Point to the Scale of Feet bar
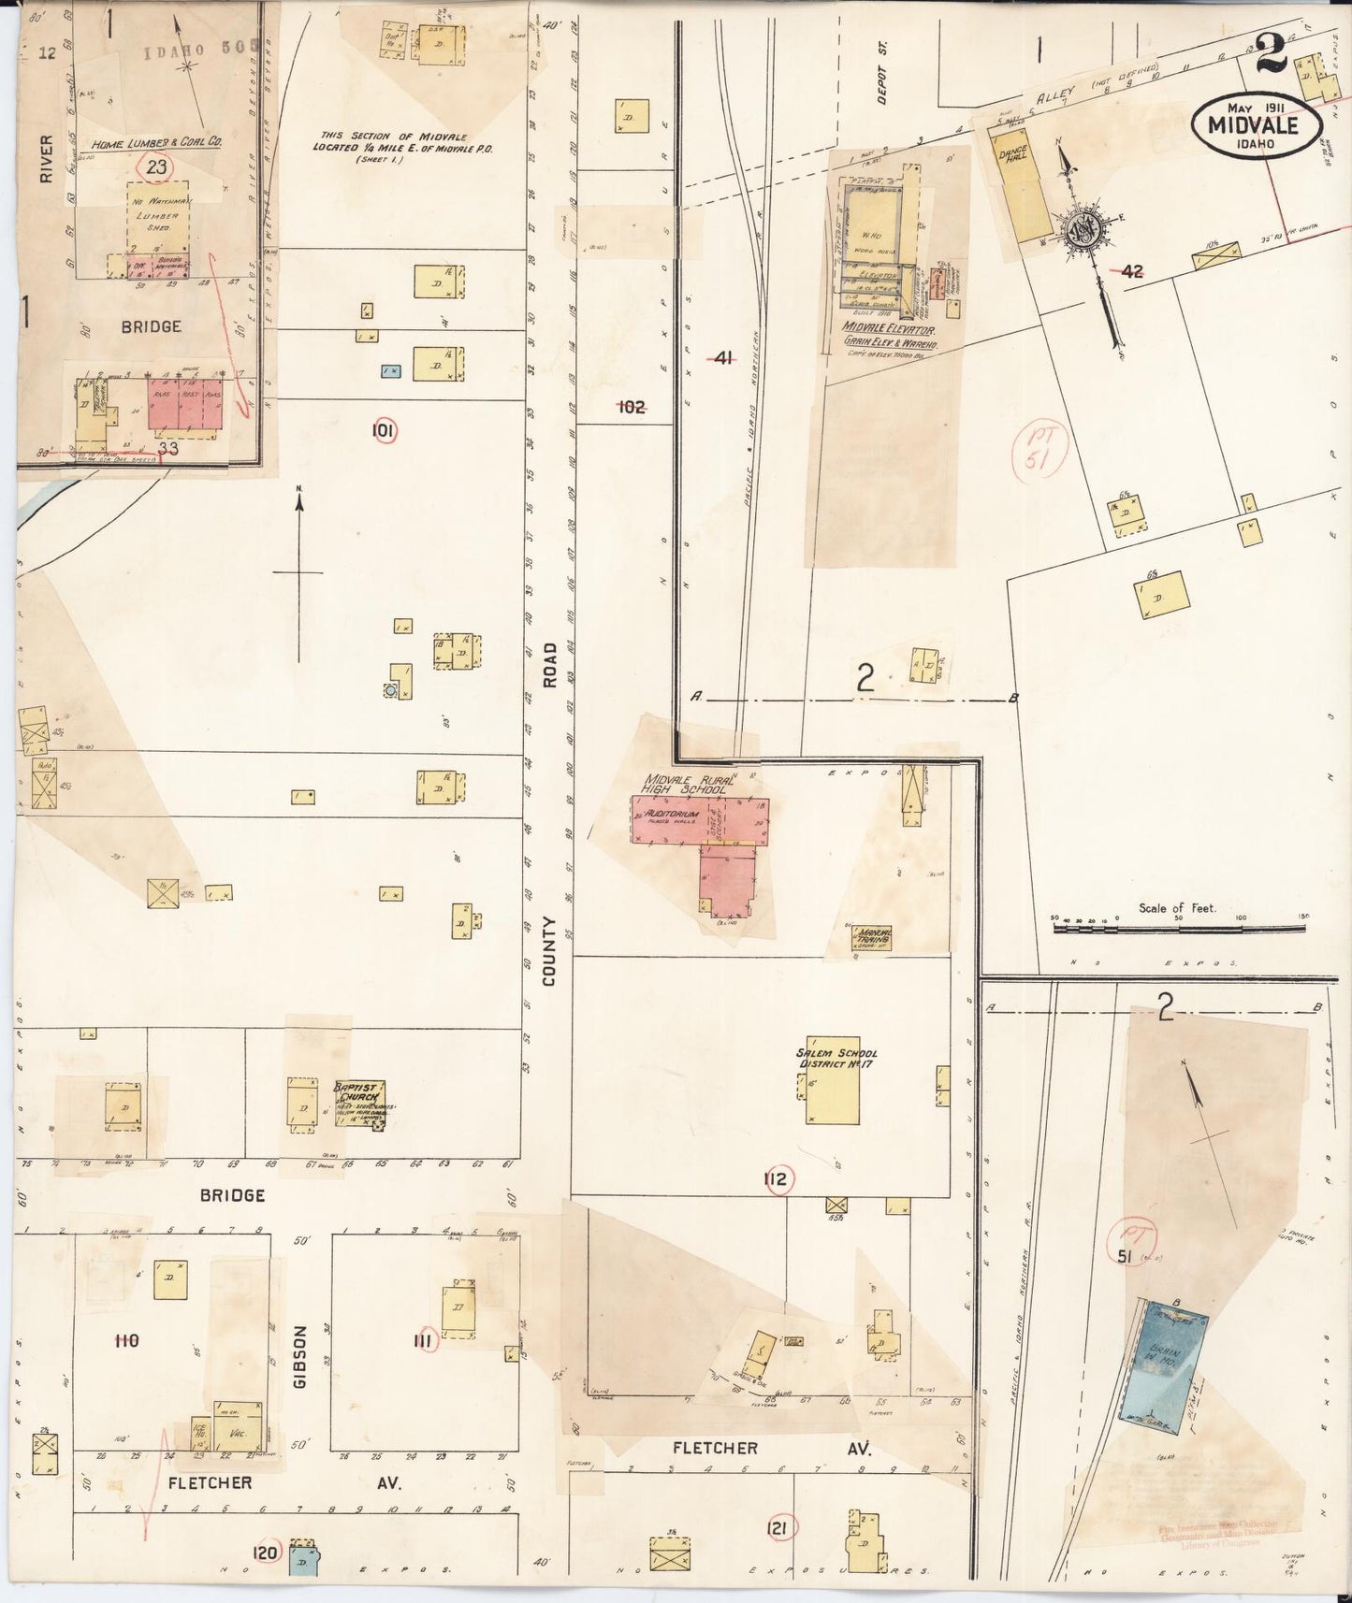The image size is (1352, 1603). click(1179, 929)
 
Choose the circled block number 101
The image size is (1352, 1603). click(384, 431)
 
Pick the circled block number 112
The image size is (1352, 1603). click(777, 1179)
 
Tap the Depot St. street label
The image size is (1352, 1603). click(882, 72)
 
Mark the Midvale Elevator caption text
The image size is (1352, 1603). click(889, 327)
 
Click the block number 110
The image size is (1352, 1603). click(125, 1341)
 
